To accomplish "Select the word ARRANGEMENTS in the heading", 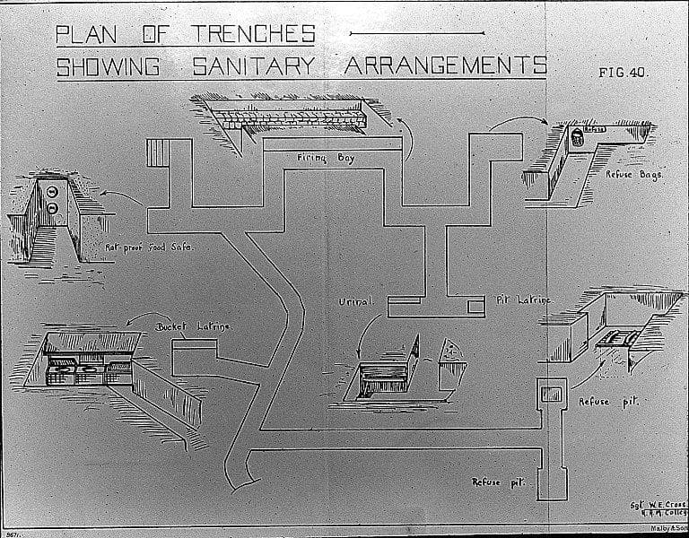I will tap(445, 66).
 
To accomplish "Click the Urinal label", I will tap(355, 301).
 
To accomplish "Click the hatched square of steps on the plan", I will tap(157, 152).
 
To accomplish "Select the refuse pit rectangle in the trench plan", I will tap(550, 393).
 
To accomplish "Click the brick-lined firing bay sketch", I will tap(296, 116).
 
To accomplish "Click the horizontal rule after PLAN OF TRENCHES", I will tap(414, 33).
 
